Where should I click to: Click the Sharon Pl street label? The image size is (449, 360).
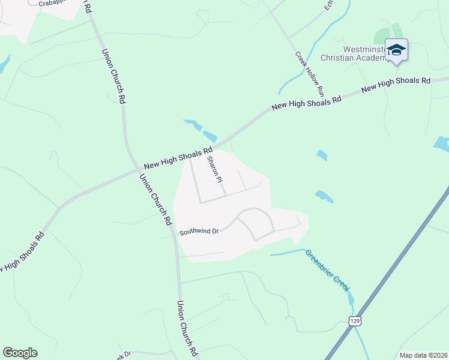pos(215,170)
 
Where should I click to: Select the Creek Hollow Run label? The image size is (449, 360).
pos(309,74)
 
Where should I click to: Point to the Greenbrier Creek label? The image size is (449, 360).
pos(327,271)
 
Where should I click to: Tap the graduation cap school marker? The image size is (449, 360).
pos(396,50)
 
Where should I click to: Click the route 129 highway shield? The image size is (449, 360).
pos(356,322)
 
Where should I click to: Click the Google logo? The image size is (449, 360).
pos(20,353)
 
